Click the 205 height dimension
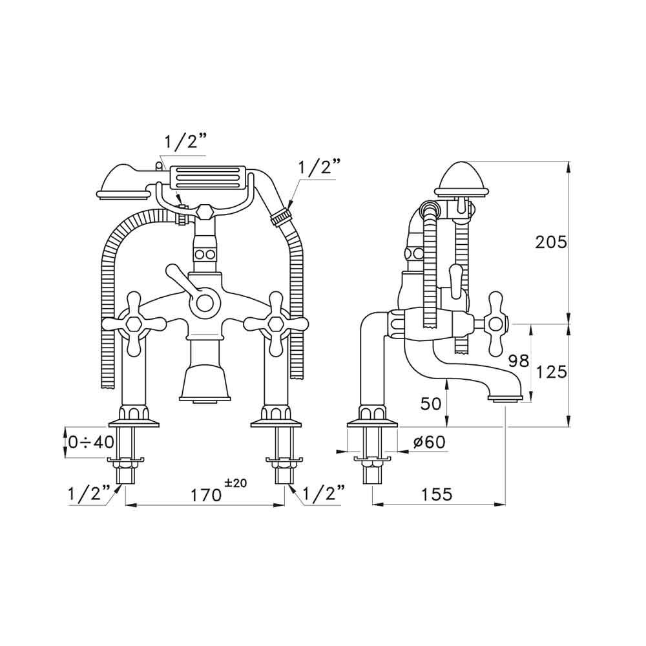tap(550, 243)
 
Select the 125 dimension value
tap(551, 372)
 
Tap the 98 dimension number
tap(518, 361)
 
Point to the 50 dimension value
tap(431, 404)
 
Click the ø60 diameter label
tap(429, 443)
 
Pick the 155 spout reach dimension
tap(437, 494)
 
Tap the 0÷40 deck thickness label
tap(91, 443)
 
